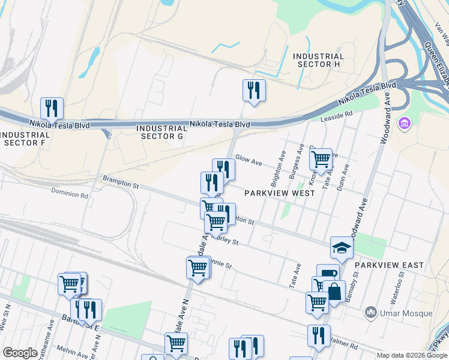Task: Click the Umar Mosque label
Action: tap(405, 313)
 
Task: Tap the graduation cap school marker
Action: tap(341, 248)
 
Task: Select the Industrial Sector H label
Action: tap(318, 60)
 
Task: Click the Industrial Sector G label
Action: tap(162, 132)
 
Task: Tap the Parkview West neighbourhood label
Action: tap(280, 193)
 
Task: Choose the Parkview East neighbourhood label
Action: tap(389, 265)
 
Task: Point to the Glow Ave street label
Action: tap(249, 161)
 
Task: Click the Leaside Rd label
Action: tap(339, 116)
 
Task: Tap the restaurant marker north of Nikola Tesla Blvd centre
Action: tap(254, 91)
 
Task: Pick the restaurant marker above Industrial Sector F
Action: tap(52, 109)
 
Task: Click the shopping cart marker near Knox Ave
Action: tap(321, 159)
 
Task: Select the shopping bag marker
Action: tap(334, 292)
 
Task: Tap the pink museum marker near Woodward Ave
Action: tap(405, 124)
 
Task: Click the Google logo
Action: tap(20, 353)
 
